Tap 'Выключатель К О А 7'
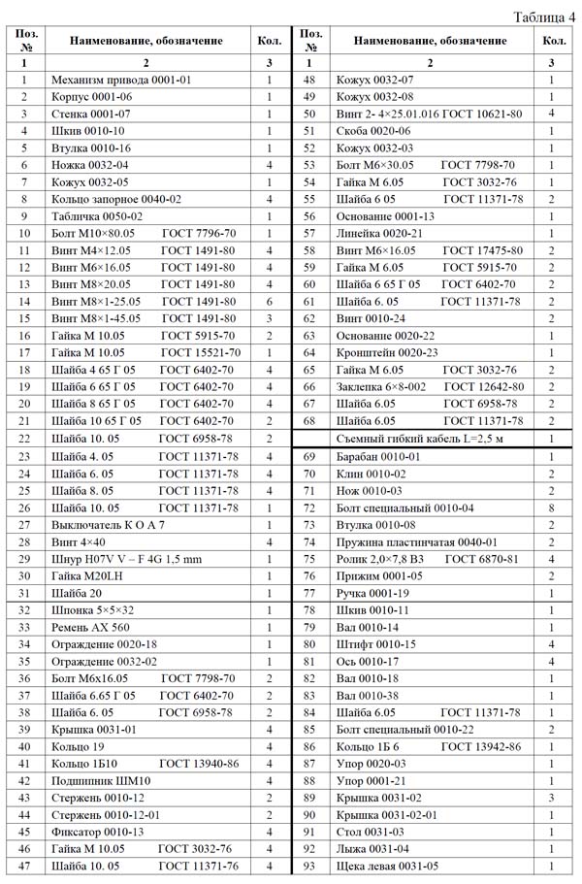[x=109, y=525]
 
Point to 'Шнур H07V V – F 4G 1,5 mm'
[x=126, y=560]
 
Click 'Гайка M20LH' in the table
[x=88, y=576]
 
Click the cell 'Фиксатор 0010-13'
[x=97, y=832]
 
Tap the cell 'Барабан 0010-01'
[x=377, y=456]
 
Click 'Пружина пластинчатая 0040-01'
[x=417, y=541]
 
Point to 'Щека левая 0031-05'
[x=387, y=867]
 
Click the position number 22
[x=23, y=439]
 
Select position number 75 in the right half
[x=310, y=559]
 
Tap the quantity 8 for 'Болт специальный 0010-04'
[x=551, y=507]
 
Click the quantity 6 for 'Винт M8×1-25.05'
[x=269, y=302]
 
